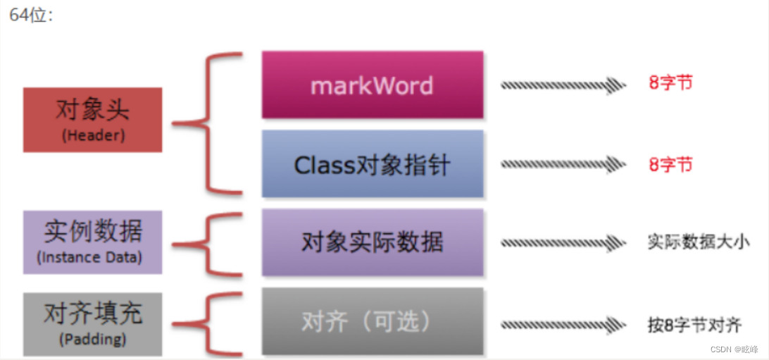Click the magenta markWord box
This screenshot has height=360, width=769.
pyautogui.click(x=373, y=85)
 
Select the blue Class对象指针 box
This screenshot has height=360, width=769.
pyautogui.click(x=373, y=164)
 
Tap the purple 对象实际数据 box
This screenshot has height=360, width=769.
pyautogui.click(x=373, y=242)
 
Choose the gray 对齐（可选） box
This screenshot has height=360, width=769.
pyautogui.click(x=373, y=321)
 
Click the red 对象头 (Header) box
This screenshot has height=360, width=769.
pyautogui.click(x=92, y=120)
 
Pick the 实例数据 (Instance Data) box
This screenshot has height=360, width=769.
pyautogui.click(x=92, y=242)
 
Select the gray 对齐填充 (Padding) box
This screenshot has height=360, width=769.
pyautogui.click(x=92, y=324)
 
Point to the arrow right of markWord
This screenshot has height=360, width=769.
pyautogui.click(x=563, y=85)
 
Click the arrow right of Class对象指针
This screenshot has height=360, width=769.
pyautogui.click(x=563, y=164)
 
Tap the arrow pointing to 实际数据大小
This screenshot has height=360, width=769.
pyautogui.click(x=563, y=242)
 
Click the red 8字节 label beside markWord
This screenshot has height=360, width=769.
pyautogui.click(x=670, y=82)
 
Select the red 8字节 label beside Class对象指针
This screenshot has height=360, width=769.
pyautogui.click(x=670, y=164)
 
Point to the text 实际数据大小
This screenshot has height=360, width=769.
pyautogui.click(x=698, y=242)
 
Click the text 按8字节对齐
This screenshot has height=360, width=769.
pyautogui.click(x=694, y=325)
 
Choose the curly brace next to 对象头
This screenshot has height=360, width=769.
pyautogui.click(x=204, y=124)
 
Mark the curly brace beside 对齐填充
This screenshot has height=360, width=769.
pyautogui.click(x=204, y=324)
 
